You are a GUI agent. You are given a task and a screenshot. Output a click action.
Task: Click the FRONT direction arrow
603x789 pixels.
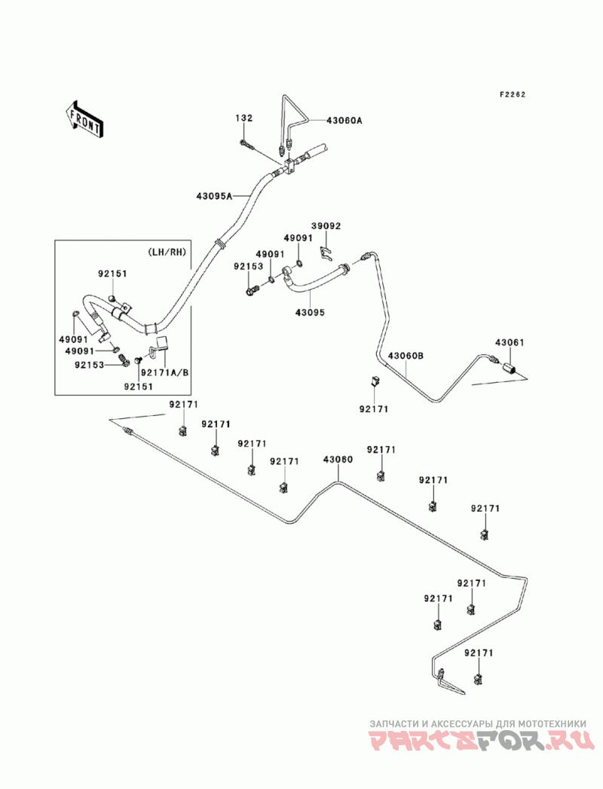pyautogui.click(x=84, y=119)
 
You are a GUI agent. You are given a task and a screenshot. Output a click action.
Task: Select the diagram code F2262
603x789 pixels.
pyautogui.click(x=513, y=94)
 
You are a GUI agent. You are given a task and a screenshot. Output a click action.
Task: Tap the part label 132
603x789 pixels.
pyautogui.click(x=243, y=118)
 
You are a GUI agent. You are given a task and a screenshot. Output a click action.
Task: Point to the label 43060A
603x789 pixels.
pyautogui.click(x=344, y=121)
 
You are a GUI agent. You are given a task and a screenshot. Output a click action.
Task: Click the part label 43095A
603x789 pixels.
pyautogui.click(x=214, y=196)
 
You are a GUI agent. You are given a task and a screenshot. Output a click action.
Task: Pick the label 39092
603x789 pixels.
pyautogui.click(x=326, y=226)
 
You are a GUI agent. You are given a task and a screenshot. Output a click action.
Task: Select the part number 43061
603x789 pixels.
pyautogui.click(x=510, y=342)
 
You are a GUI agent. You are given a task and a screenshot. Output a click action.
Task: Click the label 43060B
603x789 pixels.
pyautogui.click(x=406, y=356)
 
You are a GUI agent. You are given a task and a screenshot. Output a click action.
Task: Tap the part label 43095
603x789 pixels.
pyautogui.click(x=310, y=313)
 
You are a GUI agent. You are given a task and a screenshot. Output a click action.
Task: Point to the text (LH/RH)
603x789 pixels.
pyautogui.click(x=167, y=252)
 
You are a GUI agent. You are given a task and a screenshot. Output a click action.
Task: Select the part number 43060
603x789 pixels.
pyautogui.click(x=338, y=460)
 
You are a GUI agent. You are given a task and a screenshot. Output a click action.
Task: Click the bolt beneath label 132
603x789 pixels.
pyautogui.click(x=246, y=145)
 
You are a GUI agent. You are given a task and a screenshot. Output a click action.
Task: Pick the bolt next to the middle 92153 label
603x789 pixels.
pyautogui.click(x=253, y=290)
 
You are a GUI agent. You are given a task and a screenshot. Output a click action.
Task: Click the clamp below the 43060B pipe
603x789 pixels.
pyautogui.click(x=374, y=381)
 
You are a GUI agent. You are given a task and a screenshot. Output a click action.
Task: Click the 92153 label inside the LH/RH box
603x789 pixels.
pyautogui.click(x=90, y=365)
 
